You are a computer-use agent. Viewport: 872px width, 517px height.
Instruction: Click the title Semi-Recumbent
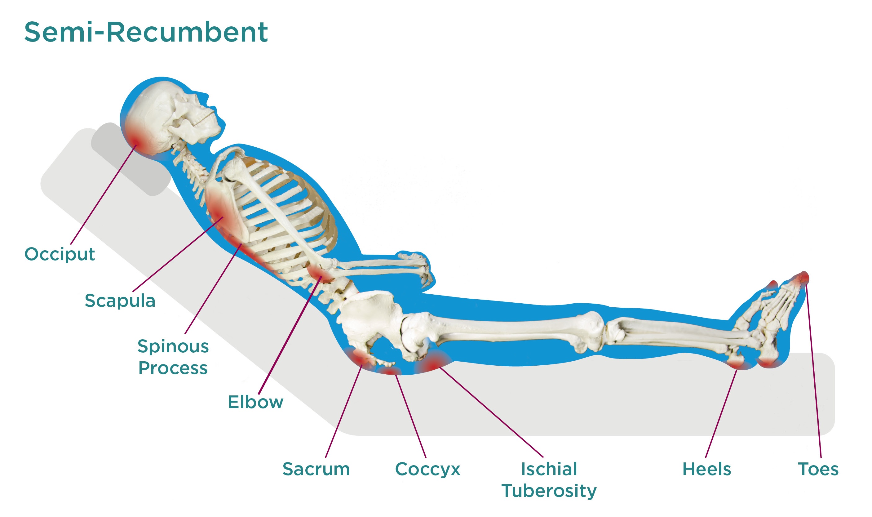(146, 32)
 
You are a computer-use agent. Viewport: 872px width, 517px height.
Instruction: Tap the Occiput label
(60, 254)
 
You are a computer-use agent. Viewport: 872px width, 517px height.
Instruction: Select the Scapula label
(120, 300)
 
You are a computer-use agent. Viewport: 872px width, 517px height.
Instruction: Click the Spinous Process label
(173, 357)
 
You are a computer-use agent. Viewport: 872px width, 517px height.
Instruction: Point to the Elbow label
(255, 402)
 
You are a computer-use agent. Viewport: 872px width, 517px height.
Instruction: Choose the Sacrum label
(316, 469)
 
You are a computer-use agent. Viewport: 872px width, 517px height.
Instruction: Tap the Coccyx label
(427, 469)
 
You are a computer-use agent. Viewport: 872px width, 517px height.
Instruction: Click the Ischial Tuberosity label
(549, 480)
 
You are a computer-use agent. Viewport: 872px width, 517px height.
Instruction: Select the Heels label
(707, 469)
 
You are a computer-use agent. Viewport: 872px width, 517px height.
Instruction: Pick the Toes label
(818, 469)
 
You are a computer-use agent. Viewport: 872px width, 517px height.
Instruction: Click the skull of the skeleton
(170, 115)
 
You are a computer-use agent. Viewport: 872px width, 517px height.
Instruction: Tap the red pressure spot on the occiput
(136, 141)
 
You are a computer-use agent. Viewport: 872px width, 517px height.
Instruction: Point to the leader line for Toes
(813, 373)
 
